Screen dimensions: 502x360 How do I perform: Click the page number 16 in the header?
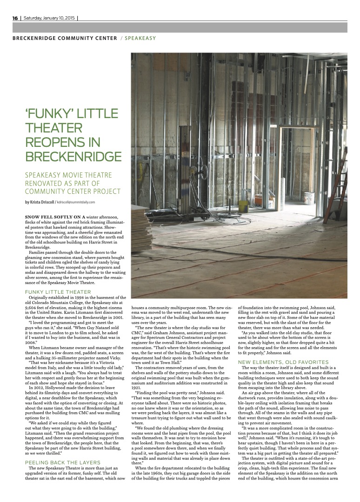(15, 18)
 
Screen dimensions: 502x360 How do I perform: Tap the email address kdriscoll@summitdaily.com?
(75, 202)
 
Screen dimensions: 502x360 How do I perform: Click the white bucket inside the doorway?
(321, 196)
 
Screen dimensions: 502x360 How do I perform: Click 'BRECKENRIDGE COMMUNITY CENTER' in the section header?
(65, 38)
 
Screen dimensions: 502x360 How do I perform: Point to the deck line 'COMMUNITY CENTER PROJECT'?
(73, 191)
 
